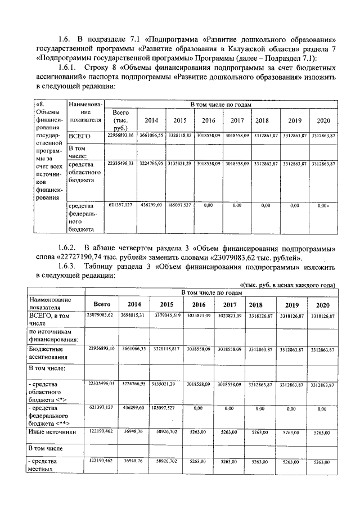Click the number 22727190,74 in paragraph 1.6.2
pos(90,258)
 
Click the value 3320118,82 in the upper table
pos(180,136)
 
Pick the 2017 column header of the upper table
pos(235,120)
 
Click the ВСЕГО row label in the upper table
pos(79,136)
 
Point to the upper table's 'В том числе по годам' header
pos(220,105)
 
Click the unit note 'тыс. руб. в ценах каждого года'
pos(289,285)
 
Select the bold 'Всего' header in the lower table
pos(101,304)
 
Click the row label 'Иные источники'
pos(52,431)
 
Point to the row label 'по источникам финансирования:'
pos(53,336)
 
